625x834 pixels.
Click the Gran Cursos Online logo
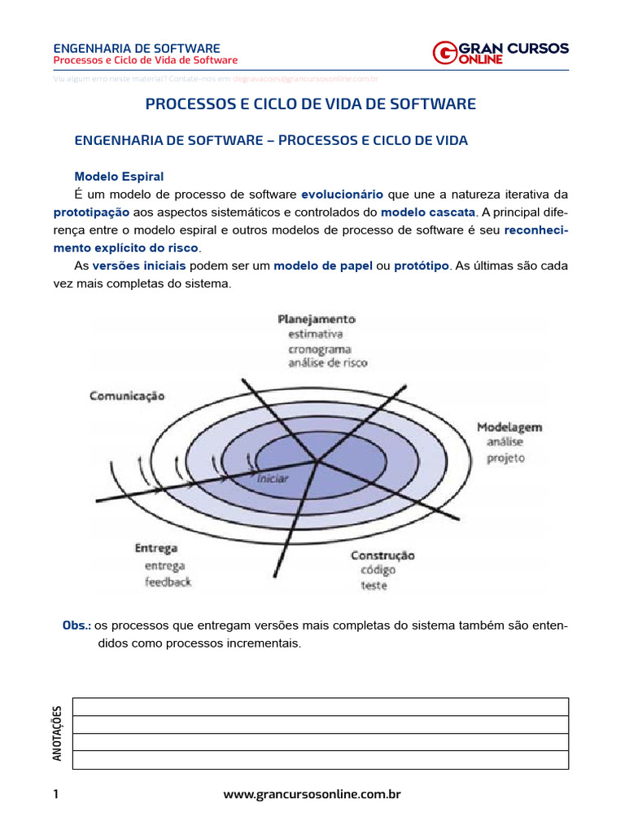point(500,52)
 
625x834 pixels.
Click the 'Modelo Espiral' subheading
point(119,176)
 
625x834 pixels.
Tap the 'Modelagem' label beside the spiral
point(509,427)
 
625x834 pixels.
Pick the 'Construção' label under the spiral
point(382,555)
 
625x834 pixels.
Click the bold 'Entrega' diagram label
point(156,548)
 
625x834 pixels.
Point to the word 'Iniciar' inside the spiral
point(272,478)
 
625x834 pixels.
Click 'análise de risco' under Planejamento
point(327,363)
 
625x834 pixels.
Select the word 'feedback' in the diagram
point(168,582)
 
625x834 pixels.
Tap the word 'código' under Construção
point(378,570)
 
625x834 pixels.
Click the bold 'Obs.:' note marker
point(77,625)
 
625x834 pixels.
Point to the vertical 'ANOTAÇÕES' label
point(57,733)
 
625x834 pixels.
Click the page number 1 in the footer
point(55,793)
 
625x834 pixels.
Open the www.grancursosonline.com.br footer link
point(312,793)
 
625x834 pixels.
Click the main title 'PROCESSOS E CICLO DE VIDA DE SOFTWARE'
point(310,104)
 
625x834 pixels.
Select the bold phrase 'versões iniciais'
point(139,266)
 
